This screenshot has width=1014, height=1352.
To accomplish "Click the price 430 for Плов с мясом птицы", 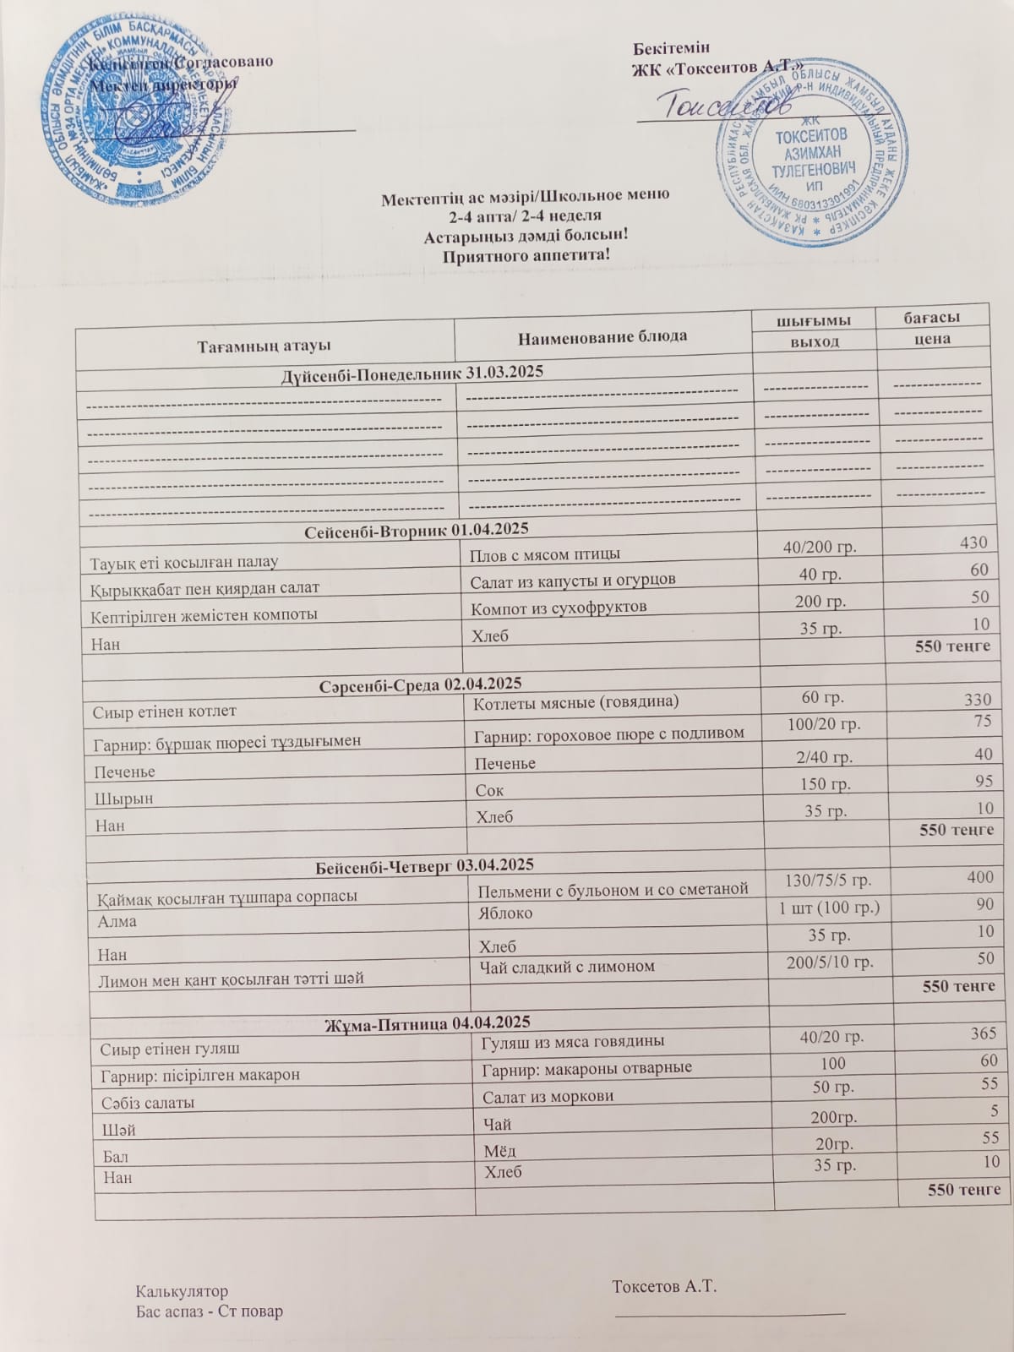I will click(973, 543).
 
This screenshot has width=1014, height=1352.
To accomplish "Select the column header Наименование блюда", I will click(602, 336).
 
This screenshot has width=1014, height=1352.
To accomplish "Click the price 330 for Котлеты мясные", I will click(977, 700).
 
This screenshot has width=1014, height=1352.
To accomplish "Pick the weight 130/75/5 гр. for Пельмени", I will click(827, 880).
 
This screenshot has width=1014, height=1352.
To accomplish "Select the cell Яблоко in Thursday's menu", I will click(505, 913).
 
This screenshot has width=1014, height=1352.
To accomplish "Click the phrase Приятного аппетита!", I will click(526, 254).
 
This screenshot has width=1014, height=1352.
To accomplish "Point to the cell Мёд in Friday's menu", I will click(499, 1150).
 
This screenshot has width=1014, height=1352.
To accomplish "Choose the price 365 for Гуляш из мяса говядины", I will click(983, 1033).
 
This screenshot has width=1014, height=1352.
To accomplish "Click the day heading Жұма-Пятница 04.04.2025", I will click(428, 1023).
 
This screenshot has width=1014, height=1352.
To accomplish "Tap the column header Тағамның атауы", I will click(264, 346).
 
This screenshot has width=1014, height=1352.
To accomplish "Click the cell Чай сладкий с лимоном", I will click(566, 966).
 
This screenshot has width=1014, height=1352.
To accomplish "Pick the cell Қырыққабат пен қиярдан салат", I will click(204, 586).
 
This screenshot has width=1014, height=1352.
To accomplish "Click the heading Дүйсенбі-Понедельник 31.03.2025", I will click(412, 373).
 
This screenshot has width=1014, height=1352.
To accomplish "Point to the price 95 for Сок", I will click(982, 781).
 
